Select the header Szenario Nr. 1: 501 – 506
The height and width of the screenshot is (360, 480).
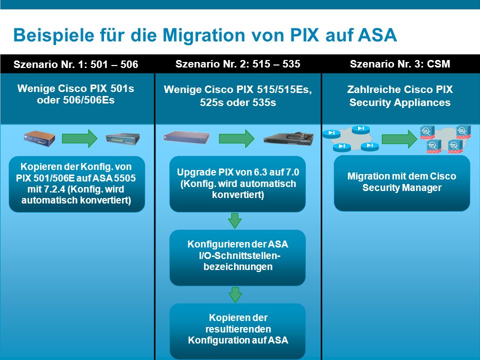(75, 64)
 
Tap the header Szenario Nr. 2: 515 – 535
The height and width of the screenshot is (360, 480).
(238, 63)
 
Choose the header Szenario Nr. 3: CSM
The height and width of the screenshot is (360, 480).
(400, 63)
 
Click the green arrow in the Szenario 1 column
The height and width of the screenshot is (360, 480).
(79, 138)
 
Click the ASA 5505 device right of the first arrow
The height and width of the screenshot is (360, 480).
(123, 139)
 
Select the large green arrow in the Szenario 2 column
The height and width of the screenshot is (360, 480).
(236, 138)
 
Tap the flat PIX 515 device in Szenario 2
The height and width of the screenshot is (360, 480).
(186, 137)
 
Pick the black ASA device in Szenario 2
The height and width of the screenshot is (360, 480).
(288, 138)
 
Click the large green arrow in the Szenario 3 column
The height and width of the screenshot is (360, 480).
(399, 139)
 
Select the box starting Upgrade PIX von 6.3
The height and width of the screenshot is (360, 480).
(237, 183)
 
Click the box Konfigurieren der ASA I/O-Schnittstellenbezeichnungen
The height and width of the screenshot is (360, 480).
(237, 257)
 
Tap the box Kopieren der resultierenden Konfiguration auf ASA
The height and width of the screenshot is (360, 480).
(237, 330)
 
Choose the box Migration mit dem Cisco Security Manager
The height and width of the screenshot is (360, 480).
(402, 183)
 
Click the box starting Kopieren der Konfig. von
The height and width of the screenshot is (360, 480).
(77, 184)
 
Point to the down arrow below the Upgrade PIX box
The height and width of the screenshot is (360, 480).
(235, 220)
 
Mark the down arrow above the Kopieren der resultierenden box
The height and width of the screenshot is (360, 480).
(235, 295)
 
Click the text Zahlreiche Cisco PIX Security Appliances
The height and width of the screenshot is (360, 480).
(400, 96)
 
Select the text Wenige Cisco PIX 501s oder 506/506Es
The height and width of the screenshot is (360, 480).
(75, 94)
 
